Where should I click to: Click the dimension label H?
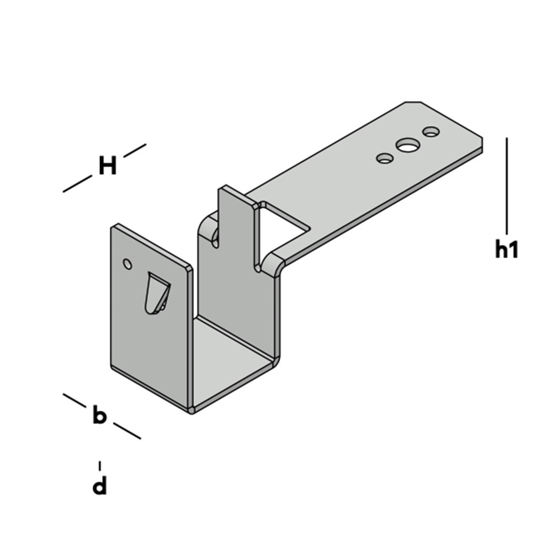tap(107, 166)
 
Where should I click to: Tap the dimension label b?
tap(99, 415)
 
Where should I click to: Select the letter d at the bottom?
tap(99, 486)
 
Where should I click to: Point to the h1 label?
tap(506, 250)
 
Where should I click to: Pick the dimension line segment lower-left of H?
tap(77, 184)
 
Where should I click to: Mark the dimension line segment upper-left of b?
tap(75, 400)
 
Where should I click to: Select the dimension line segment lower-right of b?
tap(127, 431)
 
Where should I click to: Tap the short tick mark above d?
tap(99, 465)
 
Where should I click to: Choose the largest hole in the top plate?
tap(407, 145)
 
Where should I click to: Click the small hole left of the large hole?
tap(385, 158)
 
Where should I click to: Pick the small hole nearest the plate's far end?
tap(431, 132)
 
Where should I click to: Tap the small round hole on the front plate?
tap(128, 264)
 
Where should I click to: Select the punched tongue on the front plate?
tap(156, 293)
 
